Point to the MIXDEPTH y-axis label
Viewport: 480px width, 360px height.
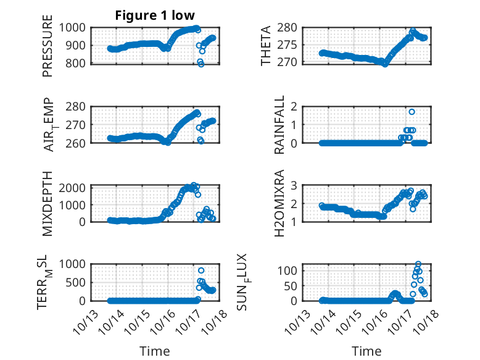pyautogui.click(x=48, y=203)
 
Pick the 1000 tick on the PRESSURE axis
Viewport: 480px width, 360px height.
pyautogui.click(x=75, y=27)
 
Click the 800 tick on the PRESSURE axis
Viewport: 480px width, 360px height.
pyautogui.click(x=78, y=62)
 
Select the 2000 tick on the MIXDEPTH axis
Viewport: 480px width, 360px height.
pyautogui.click(x=75, y=188)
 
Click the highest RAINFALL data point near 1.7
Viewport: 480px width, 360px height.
pyautogui.click(x=412, y=112)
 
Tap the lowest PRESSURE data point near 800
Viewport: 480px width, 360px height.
pyautogui.click(x=201, y=64)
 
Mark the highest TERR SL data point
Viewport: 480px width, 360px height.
pyautogui.click(x=201, y=270)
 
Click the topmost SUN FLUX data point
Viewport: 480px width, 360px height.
pyautogui.click(x=418, y=264)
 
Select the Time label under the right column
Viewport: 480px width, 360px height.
pyautogui.click(x=366, y=351)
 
